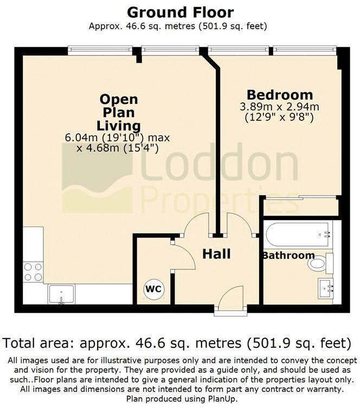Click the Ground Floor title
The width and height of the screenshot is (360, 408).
pos(180,12)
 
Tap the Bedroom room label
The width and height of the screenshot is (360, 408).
pos(280,95)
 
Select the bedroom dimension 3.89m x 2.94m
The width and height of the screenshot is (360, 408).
pos(279,107)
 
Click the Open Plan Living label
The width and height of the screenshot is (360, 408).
pos(119,112)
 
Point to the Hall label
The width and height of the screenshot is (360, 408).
pos(216,254)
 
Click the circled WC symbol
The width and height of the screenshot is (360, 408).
pos(153,289)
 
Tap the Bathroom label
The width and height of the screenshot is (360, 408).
pos(288,255)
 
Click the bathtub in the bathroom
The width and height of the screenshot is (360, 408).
pos(298,234)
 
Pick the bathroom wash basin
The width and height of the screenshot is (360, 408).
pos(325,288)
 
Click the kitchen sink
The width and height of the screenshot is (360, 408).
pos(61,294)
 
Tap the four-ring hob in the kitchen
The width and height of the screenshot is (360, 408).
pos(33,272)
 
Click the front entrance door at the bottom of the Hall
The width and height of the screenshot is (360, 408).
pos(230,299)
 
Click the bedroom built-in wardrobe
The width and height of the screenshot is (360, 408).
pos(301,207)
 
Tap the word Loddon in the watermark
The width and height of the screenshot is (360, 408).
pos(219,162)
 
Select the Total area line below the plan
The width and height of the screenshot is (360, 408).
pos(177,343)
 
